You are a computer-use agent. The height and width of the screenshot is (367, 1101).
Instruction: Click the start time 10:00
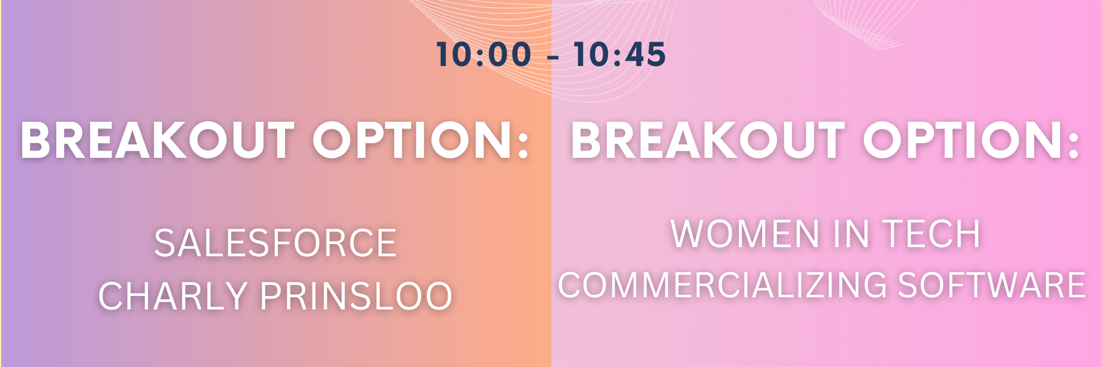tap(484, 54)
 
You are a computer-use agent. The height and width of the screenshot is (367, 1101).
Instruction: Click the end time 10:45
tap(620, 54)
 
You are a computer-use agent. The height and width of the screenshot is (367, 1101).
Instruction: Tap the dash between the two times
tap(553, 57)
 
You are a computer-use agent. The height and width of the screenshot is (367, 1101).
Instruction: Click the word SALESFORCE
tap(275, 243)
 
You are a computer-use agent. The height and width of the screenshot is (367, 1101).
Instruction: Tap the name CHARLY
tap(173, 296)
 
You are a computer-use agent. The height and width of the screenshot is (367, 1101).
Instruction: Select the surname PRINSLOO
tap(357, 296)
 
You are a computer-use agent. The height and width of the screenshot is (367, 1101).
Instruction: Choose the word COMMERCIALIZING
tap(722, 285)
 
